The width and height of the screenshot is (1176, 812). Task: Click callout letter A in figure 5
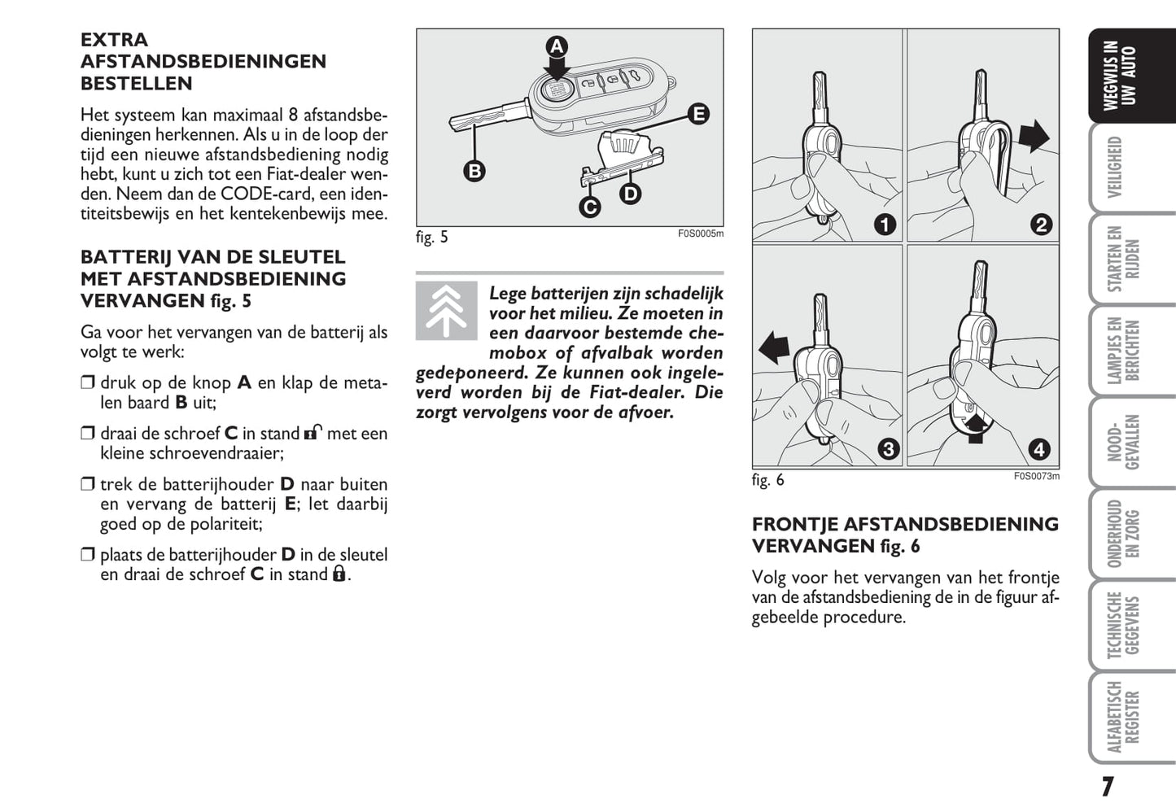point(557,46)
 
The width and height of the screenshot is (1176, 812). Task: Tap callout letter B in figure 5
point(474,171)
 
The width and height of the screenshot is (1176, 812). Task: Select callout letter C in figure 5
point(590,207)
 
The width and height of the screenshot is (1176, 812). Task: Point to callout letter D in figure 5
point(630,194)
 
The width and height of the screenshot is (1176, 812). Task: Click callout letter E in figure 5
point(697,114)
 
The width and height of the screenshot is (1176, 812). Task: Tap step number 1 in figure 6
point(884,225)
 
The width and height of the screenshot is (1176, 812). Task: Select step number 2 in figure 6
point(1041,225)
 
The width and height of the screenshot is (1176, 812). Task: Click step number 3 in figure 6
point(888,449)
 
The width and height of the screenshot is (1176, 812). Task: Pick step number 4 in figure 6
point(1038,449)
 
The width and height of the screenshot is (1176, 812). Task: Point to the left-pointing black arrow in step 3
point(774,349)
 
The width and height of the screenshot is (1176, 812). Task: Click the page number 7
point(1107,787)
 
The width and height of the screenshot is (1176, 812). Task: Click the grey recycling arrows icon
point(446,311)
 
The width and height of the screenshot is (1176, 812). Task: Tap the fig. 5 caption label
point(432,238)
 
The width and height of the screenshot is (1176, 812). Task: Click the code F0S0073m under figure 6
point(1036,477)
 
